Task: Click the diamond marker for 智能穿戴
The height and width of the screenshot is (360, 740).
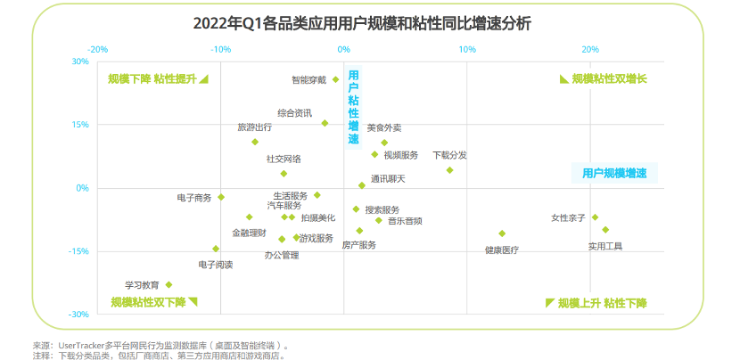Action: click(x=335, y=79)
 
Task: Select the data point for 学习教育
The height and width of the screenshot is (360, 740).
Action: click(x=169, y=285)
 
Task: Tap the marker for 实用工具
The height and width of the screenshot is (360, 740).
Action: click(x=605, y=230)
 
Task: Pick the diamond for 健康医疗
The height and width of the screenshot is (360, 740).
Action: click(x=502, y=233)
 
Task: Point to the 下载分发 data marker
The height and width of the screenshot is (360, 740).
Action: click(x=449, y=170)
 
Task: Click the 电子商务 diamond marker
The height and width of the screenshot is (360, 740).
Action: click(x=221, y=197)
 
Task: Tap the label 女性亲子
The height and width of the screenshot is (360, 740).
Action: click(x=568, y=217)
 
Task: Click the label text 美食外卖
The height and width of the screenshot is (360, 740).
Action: click(x=384, y=128)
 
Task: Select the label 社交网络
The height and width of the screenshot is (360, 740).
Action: click(x=284, y=159)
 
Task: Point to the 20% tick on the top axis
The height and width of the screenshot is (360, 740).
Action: click(x=590, y=49)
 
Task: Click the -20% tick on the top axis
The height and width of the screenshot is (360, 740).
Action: click(x=97, y=49)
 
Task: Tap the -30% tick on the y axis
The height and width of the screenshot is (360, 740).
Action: click(x=79, y=315)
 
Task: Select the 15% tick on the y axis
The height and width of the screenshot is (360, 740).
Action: click(x=80, y=125)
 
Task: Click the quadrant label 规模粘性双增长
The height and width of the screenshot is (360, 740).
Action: click(x=609, y=78)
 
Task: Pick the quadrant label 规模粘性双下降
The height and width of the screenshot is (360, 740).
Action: click(x=148, y=302)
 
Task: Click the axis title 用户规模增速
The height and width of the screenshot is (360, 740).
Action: click(x=613, y=173)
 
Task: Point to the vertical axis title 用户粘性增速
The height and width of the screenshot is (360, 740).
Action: click(x=353, y=107)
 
